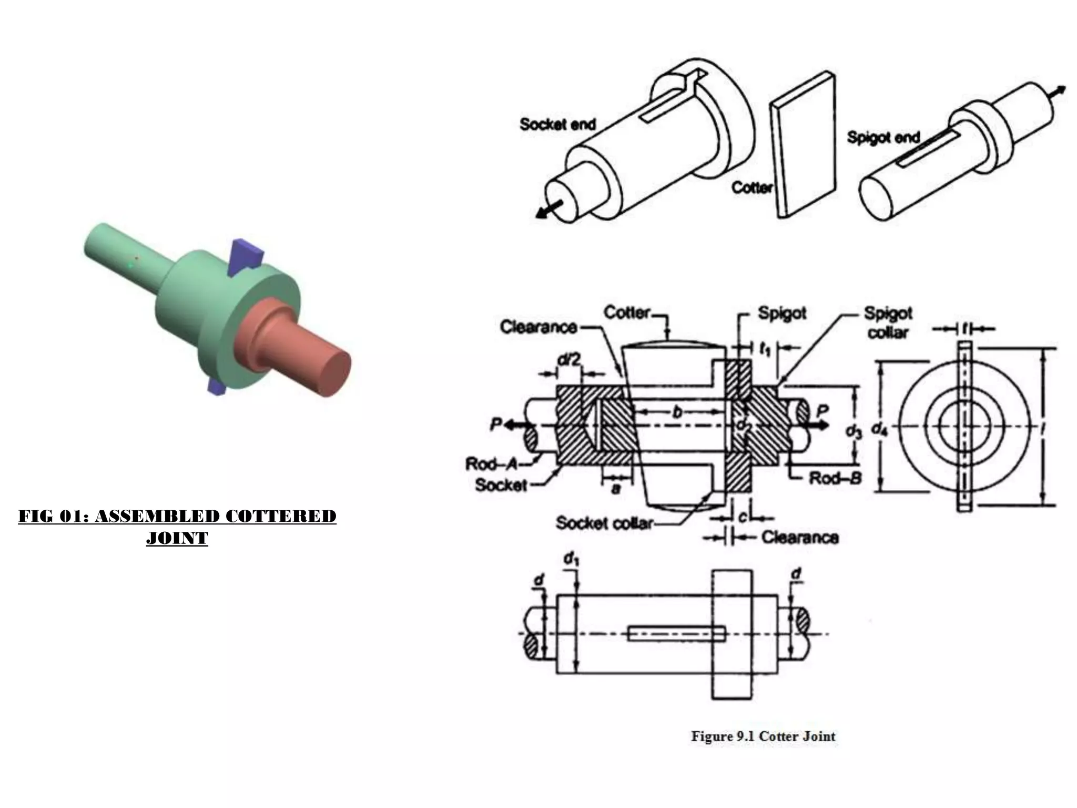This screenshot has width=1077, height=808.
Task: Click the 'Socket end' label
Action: [x=557, y=124]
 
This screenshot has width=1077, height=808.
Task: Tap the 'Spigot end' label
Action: [x=883, y=137]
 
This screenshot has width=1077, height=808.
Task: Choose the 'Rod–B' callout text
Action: [x=835, y=478]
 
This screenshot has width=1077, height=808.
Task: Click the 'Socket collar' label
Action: [x=604, y=523]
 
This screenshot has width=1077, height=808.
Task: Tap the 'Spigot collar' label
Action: [x=888, y=322]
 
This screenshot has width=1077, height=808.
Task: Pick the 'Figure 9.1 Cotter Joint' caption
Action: [x=763, y=736]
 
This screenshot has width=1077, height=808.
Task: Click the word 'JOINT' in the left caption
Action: [x=177, y=538]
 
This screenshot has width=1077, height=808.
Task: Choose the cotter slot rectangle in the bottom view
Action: [x=676, y=633]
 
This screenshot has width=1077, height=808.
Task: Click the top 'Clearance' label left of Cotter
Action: [x=538, y=327]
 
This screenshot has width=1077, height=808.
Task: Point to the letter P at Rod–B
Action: [x=822, y=410]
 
